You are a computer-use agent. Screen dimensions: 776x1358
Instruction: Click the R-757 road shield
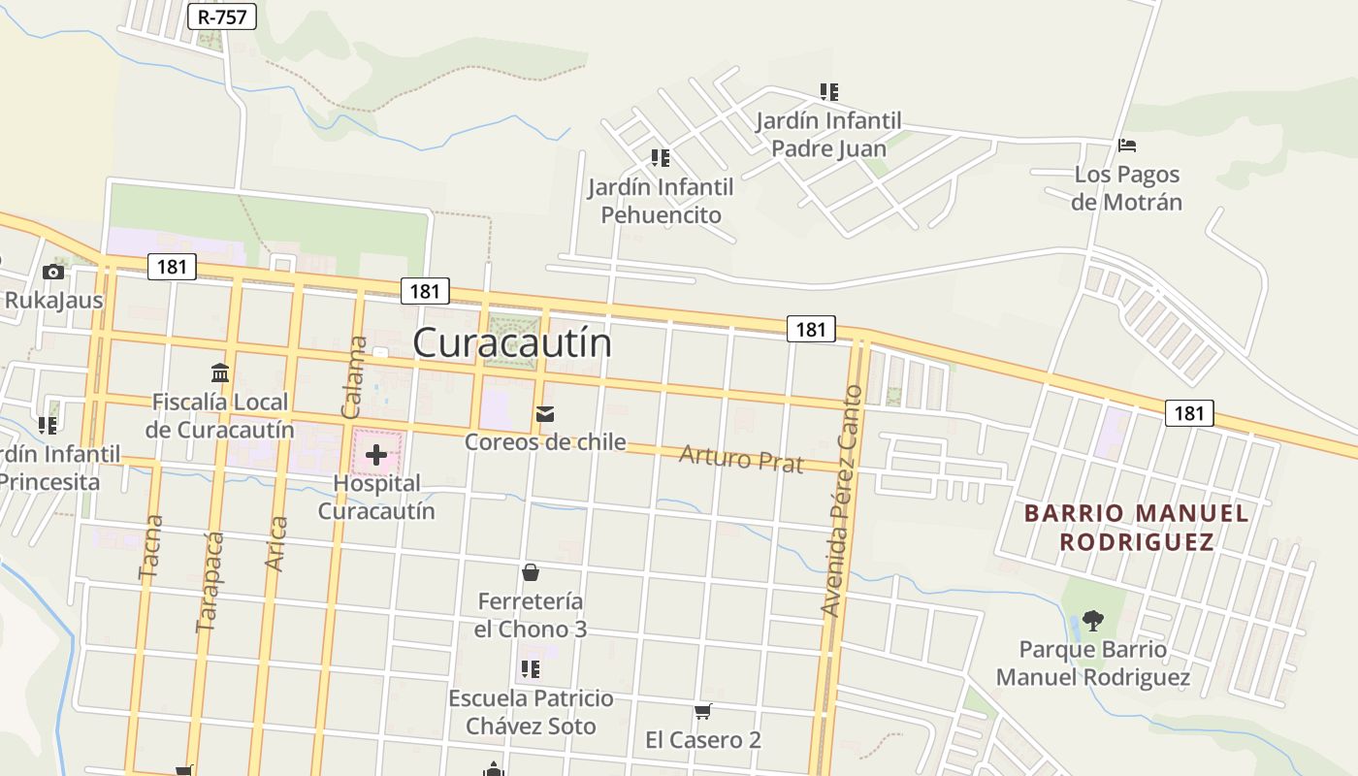coord(222,16)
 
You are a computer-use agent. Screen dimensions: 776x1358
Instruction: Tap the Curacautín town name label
coord(512,342)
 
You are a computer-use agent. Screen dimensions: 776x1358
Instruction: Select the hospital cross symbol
coord(376,454)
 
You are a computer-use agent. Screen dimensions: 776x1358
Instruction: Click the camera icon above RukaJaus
coord(53,273)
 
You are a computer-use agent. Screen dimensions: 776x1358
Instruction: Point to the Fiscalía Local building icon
coord(220,372)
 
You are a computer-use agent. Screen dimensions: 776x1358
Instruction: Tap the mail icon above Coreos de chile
coord(545,415)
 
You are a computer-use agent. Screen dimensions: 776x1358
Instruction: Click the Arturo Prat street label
coord(741,458)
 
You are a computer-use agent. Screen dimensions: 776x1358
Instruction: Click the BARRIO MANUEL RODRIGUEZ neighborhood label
coord(1137,527)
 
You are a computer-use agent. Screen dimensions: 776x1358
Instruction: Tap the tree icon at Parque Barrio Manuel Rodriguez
coord(1093,620)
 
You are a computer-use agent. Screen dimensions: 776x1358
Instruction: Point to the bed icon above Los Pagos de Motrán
coord(1126,145)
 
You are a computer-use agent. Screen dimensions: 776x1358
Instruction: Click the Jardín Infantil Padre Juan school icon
coord(828,92)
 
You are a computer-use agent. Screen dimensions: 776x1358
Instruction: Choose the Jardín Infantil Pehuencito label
coord(661,201)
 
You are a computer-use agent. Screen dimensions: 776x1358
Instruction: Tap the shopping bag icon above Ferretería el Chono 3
coord(531,572)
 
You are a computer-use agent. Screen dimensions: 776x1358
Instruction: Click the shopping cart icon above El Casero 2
coord(703,712)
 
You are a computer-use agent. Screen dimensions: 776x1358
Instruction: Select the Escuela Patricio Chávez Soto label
coord(531,712)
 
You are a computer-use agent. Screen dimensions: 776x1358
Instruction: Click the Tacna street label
coord(151,547)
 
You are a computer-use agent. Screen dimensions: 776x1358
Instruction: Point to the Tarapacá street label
coord(210,582)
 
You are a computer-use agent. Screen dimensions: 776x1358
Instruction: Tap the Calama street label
coord(355,377)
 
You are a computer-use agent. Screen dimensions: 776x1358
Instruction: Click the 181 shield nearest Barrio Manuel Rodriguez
coord(1188,413)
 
